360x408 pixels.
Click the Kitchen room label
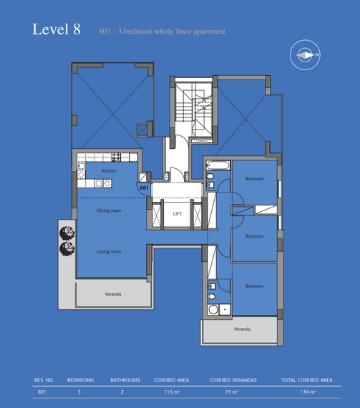[x=109, y=170]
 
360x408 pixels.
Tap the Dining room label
[x=109, y=210]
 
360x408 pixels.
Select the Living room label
[x=109, y=252]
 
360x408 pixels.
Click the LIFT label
[x=177, y=213]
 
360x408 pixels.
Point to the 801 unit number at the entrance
[x=144, y=188]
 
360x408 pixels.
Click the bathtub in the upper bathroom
[x=218, y=165]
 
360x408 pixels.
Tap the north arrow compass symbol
[x=305, y=55]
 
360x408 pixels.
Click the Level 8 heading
[x=57, y=29]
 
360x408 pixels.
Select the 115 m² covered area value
[x=172, y=392]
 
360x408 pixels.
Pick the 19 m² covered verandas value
[x=232, y=392]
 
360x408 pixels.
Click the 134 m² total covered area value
[x=308, y=392]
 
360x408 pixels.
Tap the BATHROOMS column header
[x=125, y=380]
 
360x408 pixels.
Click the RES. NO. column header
[x=44, y=380]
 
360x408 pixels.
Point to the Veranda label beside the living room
[x=113, y=294]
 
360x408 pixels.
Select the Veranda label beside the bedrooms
[x=242, y=329]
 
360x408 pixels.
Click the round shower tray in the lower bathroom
[x=213, y=310]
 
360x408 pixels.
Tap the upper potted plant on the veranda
[x=67, y=233]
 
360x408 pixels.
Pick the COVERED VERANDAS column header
[x=233, y=380]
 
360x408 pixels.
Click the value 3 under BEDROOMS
[x=79, y=392]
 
